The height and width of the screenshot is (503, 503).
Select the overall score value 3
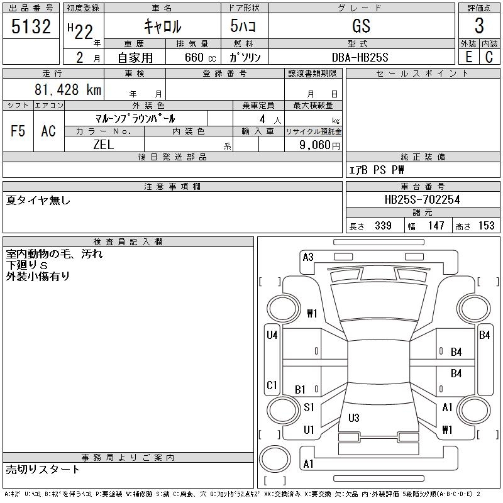pos(479,26)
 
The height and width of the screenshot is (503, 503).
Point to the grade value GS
pos(362,26)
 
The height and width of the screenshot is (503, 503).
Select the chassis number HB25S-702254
pos(422,200)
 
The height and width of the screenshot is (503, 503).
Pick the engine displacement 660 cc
pos(192,57)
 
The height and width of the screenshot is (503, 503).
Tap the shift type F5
pos(18,131)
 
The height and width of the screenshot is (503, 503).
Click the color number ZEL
pos(104,145)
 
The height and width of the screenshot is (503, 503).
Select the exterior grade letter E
pos(468,57)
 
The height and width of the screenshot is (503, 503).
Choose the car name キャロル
pos(163,26)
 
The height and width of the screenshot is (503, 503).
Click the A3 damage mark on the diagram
pos(308,257)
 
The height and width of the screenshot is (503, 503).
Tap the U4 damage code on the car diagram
pos(272,335)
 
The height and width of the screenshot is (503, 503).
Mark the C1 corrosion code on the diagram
pos(272,385)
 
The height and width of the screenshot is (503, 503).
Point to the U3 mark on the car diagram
pos(353,417)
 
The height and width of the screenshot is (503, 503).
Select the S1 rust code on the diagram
pos(309,407)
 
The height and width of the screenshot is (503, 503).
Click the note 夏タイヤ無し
pos(38,201)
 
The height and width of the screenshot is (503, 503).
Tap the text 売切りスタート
pos(43,469)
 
